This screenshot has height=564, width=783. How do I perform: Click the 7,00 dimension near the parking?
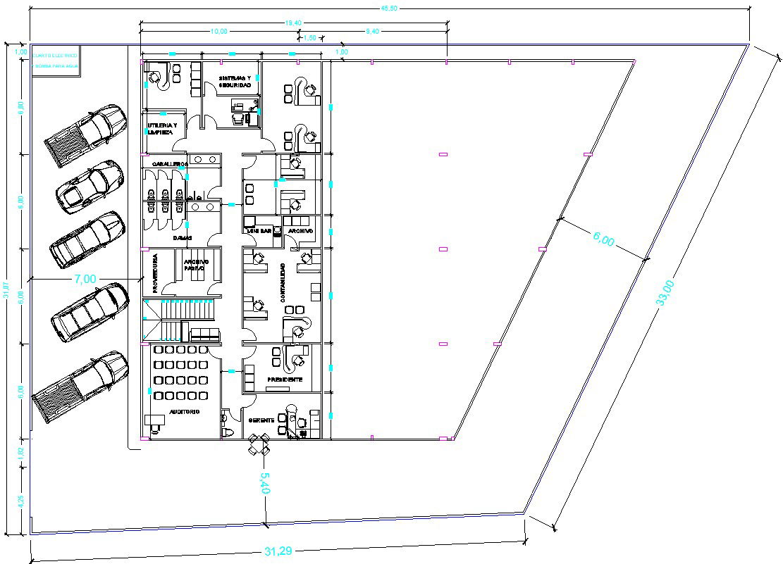85,279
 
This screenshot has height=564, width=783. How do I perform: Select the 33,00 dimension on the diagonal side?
665,292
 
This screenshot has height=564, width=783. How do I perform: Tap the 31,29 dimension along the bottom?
278,551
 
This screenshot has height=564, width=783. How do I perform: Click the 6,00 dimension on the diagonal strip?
603,240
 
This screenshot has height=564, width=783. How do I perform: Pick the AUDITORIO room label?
184,411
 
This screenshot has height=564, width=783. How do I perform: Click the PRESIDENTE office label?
285,380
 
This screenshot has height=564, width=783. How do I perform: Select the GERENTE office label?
261,420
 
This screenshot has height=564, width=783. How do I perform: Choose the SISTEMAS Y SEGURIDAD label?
235,81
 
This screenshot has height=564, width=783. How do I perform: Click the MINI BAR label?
259,230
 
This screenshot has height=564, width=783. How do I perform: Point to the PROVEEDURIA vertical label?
154,273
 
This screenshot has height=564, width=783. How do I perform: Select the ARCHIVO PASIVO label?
194,265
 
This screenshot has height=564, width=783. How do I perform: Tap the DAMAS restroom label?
183,238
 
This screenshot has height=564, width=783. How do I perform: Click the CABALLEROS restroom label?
167,163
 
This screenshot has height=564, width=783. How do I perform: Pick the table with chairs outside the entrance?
259,444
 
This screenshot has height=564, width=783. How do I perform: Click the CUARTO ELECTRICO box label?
55,54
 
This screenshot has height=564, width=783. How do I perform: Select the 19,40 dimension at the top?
294,23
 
